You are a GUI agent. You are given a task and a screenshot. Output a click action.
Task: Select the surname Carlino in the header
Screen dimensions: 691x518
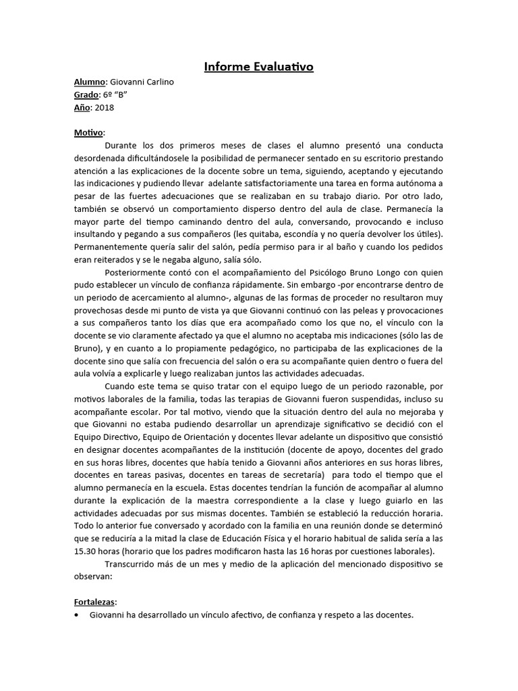coord(156,82)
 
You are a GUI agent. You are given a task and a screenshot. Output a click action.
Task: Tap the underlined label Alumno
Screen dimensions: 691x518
coord(90,82)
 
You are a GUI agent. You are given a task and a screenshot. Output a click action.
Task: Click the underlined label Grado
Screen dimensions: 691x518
coord(86,94)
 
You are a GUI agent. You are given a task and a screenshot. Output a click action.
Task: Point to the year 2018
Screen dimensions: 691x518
coord(105,107)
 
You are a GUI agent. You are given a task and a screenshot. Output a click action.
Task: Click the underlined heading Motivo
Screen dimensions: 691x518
coord(88,132)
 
